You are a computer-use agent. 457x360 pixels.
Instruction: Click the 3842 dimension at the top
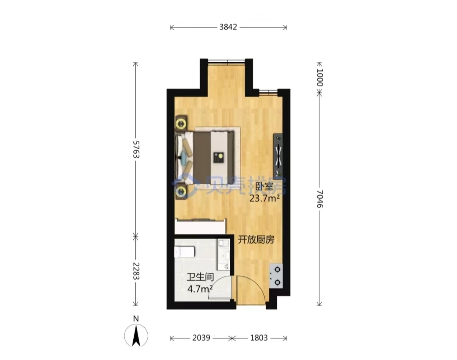click(x=228, y=27)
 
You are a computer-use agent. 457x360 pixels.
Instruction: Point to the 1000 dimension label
click(x=320, y=78)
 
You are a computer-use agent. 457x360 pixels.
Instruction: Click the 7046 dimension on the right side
click(x=320, y=199)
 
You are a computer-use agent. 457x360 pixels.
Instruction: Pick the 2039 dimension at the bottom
click(x=201, y=338)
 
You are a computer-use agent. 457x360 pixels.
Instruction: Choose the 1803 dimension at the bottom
click(x=259, y=338)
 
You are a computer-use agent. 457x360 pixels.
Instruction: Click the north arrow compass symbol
click(x=136, y=335)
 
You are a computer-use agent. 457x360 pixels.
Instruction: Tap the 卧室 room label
click(x=264, y=187)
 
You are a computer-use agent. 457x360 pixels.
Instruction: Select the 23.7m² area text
click(x=264, y=198)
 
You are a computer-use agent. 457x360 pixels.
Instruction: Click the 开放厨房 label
click(x=256, y=240)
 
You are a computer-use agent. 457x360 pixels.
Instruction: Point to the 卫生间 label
click(x=200, y=277)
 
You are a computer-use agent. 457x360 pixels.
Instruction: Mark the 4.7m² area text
click(x=200, y=289)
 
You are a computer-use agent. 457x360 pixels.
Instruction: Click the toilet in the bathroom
click(x=184, y=252)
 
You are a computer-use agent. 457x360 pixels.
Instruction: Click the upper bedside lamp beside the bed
click(x=181, y=123)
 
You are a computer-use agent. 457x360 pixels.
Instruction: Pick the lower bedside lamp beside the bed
click(x=181, y=192)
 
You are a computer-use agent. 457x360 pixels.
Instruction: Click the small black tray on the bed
click(x=218, y=158)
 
